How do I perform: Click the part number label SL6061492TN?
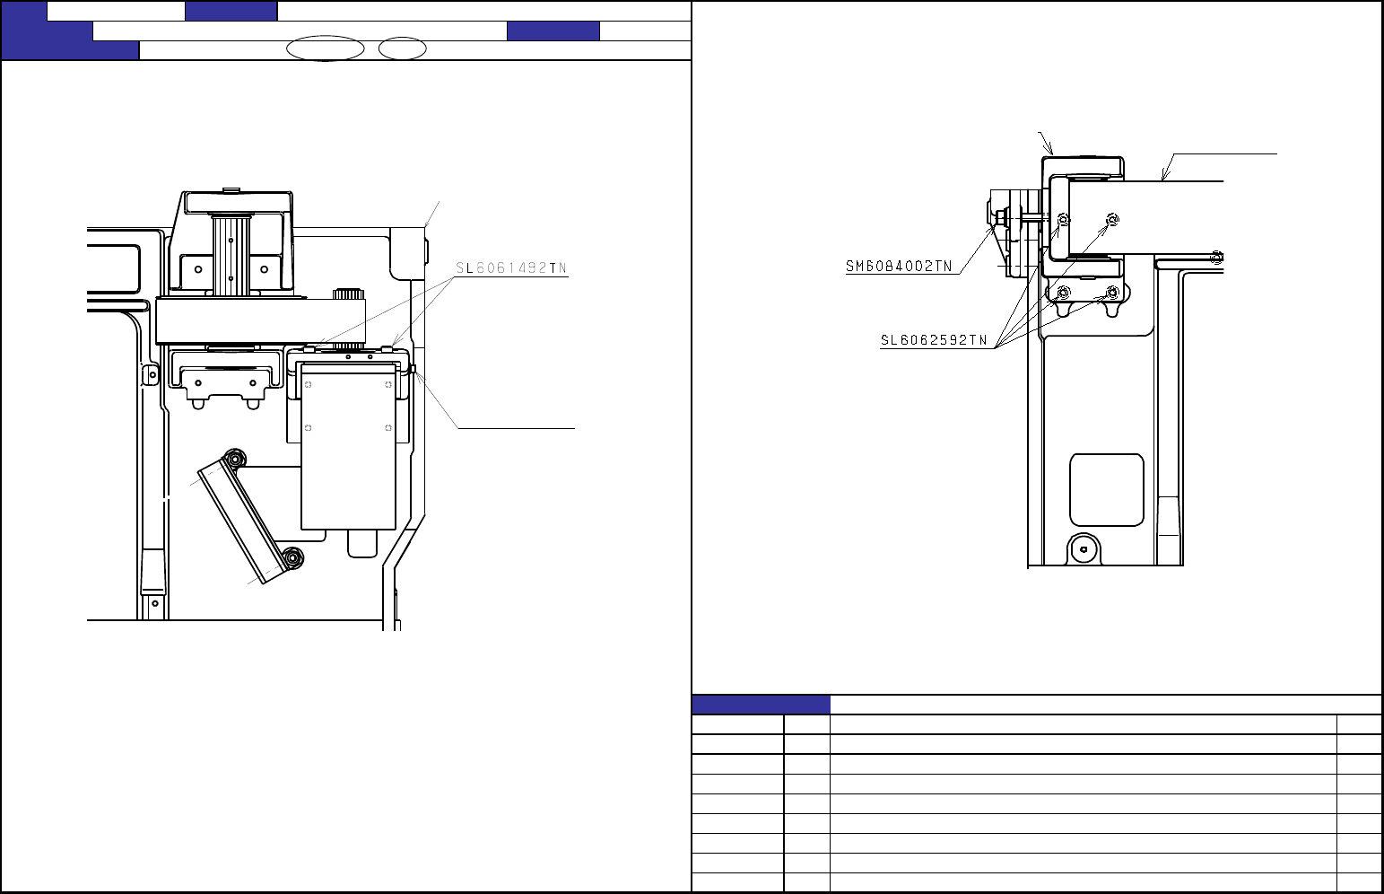[511, 268]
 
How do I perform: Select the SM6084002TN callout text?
[899, 267]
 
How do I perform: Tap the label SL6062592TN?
[934, 341]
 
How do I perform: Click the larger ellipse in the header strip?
[325, 48]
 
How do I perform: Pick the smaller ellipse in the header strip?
[402, 48]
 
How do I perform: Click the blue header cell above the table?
[761, 705]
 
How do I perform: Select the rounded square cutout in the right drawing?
[1107, 490]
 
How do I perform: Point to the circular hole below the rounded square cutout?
[1084, 549]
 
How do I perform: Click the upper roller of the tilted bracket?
[235, 460]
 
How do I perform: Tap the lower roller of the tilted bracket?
[293, 558]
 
